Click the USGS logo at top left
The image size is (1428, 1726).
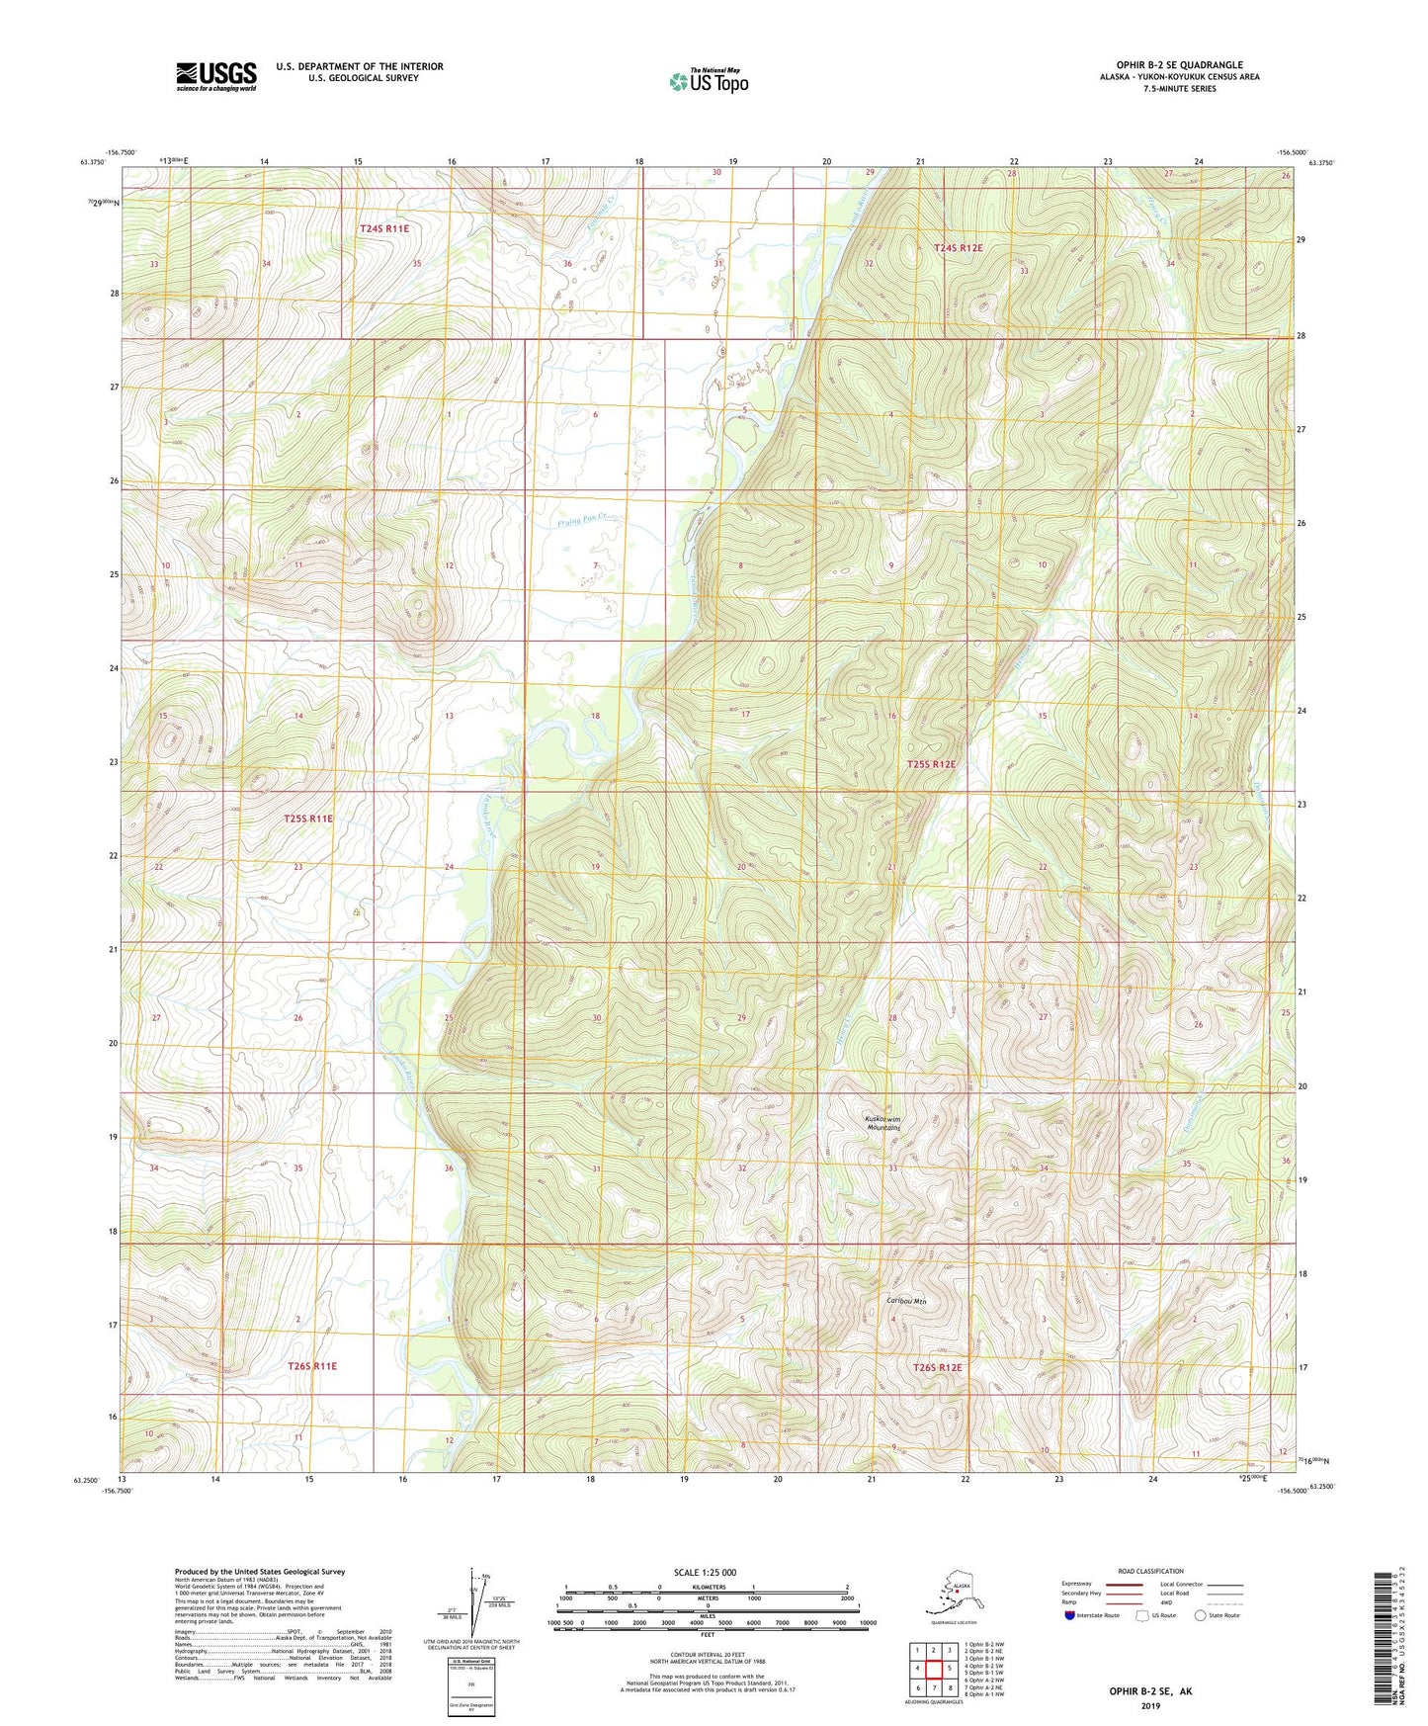pos(215,76)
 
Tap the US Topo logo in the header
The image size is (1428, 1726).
pos(708,81)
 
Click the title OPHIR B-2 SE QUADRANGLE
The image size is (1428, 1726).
pos(1179,65)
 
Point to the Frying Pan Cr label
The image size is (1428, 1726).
pos(578,517)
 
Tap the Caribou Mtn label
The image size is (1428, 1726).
pos(905,1302)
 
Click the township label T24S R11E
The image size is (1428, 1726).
pos(383,228)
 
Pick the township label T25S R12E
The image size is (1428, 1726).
pos(932,764)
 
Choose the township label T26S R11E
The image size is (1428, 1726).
pos(312,1366)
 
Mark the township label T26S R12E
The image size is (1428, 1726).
pos(936,1367)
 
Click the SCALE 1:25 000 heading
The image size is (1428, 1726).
pos(707,1572)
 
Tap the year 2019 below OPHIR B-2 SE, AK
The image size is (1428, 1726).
pos(1149,1705)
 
